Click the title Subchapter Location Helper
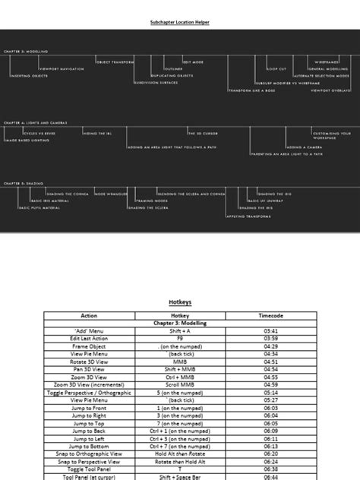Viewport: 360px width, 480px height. pos(179,23)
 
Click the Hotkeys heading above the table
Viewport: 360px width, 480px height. pos(180,302)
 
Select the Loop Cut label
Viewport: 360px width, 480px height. pos(277,68)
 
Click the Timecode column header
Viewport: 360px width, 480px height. pos(270,314)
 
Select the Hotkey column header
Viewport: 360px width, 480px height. pos(180,314)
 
